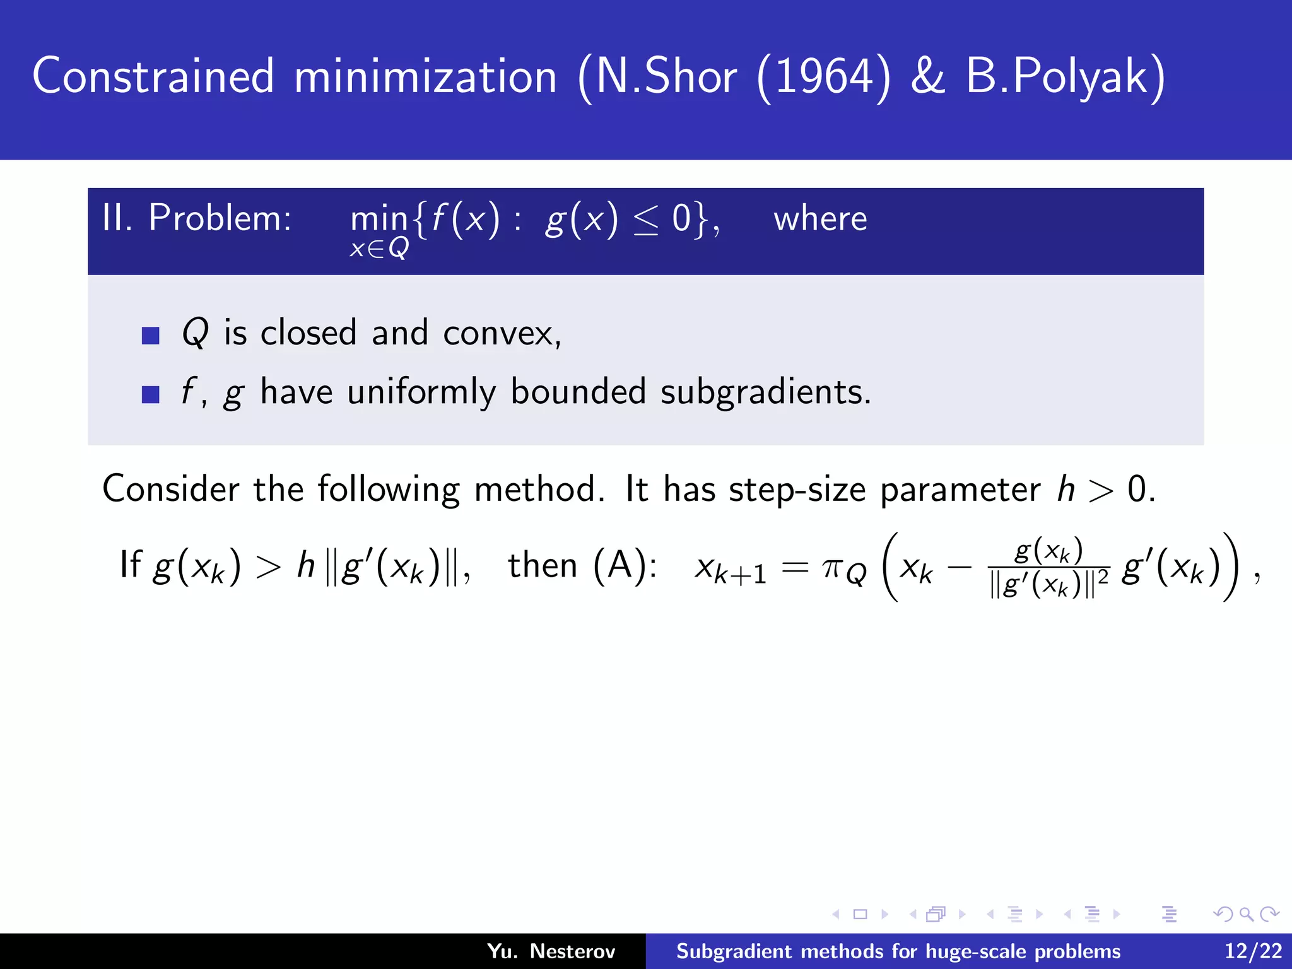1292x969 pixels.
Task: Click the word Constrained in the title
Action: (153, 76)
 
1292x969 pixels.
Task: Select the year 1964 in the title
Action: (824, 76)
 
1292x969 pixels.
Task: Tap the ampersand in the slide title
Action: (928, 76)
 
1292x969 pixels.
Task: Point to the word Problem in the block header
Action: (220, 219)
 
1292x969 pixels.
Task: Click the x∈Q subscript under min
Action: (379, 249)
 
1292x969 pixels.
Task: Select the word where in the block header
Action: (820, 219)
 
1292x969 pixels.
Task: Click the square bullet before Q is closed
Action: (151, 335)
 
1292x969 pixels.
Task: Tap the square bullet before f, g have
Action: (151, 394)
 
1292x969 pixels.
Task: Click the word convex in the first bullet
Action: (501, 332)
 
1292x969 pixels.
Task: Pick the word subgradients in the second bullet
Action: (765, 392)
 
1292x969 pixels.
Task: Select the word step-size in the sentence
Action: (797, 489)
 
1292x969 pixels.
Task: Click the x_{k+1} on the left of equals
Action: (730, 570)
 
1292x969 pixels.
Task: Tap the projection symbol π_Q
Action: (844, 570)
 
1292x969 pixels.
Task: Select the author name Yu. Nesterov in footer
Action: (551, 951)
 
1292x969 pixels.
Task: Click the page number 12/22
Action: (1253, 951)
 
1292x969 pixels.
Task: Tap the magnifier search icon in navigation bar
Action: (1246, 913)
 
